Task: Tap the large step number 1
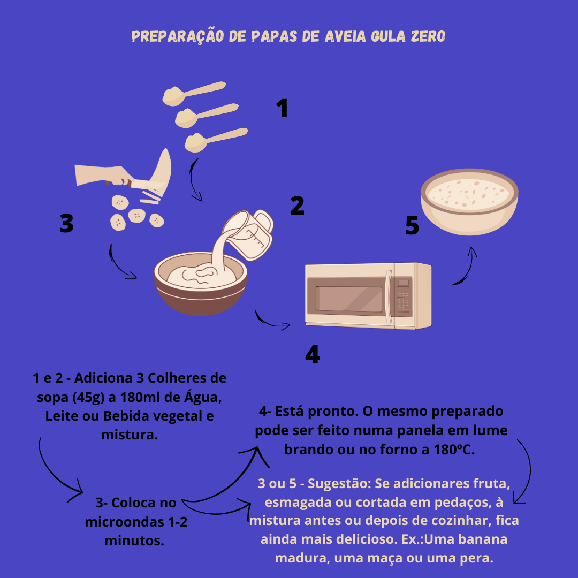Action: click(282, 108)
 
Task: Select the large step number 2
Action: click(297, 206)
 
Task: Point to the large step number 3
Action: click(66, 223)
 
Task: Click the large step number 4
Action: click(313, 355)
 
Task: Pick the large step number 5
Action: click(412, 225)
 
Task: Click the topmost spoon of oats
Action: click(194, 93)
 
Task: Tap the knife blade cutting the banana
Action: click(147, 184)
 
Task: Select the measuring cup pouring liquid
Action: click(249, 234)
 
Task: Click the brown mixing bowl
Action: click(201, 284)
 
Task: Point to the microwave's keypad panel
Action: click(404, 296)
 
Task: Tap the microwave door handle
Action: click(388, 296)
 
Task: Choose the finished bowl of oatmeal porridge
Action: click(469, 202)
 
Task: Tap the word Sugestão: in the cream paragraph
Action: click(339, 484)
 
